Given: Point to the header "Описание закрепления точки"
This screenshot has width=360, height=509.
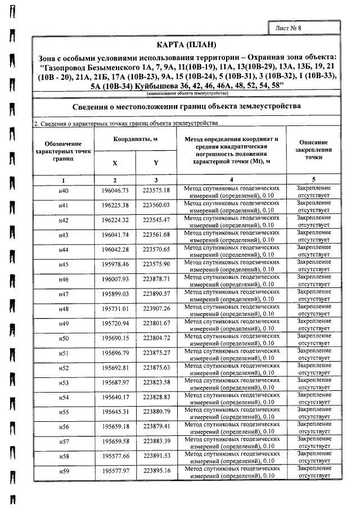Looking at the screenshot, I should click(313, 150).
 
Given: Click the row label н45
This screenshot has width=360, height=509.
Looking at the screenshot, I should click(64, 264).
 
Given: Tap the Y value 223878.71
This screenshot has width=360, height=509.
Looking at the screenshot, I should click(156, 279).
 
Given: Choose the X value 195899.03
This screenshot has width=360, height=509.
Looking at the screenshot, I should click(115, 294).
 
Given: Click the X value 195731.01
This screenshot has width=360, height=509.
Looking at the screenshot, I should click(115, 309).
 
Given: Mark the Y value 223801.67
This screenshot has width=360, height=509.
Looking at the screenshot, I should click(156, 323).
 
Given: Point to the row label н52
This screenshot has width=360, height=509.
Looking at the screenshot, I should click(64, 368).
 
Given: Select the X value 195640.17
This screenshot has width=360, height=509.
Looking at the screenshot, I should click(115, 398).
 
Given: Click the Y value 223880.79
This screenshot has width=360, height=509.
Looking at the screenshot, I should click(156, 412).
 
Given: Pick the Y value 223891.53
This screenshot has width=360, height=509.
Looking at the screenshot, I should click(156, 456).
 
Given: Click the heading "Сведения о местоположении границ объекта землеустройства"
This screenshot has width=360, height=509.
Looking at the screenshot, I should click(188, 106).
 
